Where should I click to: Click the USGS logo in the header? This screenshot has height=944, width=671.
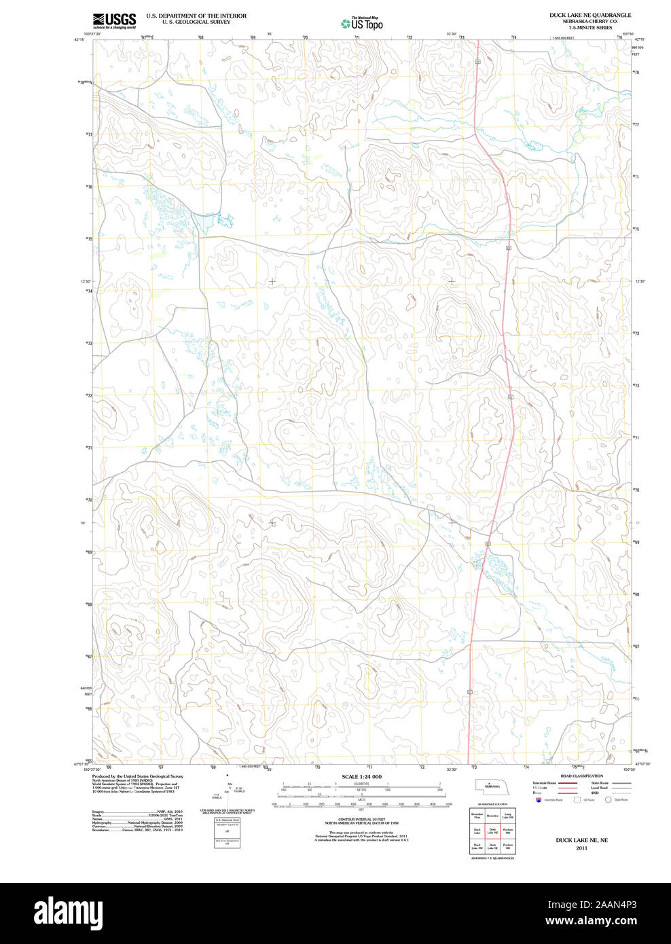point(114,20)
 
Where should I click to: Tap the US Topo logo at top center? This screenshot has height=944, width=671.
point(362,24)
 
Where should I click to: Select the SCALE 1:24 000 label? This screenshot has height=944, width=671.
point(361,776)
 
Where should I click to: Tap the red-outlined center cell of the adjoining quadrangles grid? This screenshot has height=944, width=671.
point(492,831)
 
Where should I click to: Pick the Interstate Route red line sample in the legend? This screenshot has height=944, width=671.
point(568,783)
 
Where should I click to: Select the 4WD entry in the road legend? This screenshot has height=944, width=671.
point(595,793)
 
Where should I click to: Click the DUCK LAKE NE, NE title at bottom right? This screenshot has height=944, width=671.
point(581,840)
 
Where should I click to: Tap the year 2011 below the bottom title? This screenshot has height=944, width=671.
point(581,848)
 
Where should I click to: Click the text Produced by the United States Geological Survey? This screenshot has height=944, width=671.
point(138,776)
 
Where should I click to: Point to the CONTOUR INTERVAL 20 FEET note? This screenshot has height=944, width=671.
point(361,819)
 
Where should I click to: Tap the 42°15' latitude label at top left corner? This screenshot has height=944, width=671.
point(79,40)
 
